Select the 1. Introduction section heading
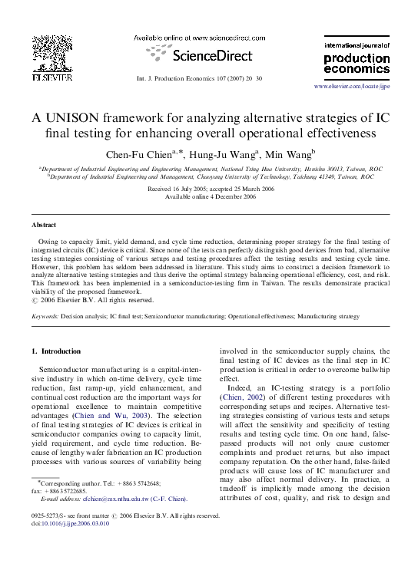[55, 351]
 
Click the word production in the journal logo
[352, 58]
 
